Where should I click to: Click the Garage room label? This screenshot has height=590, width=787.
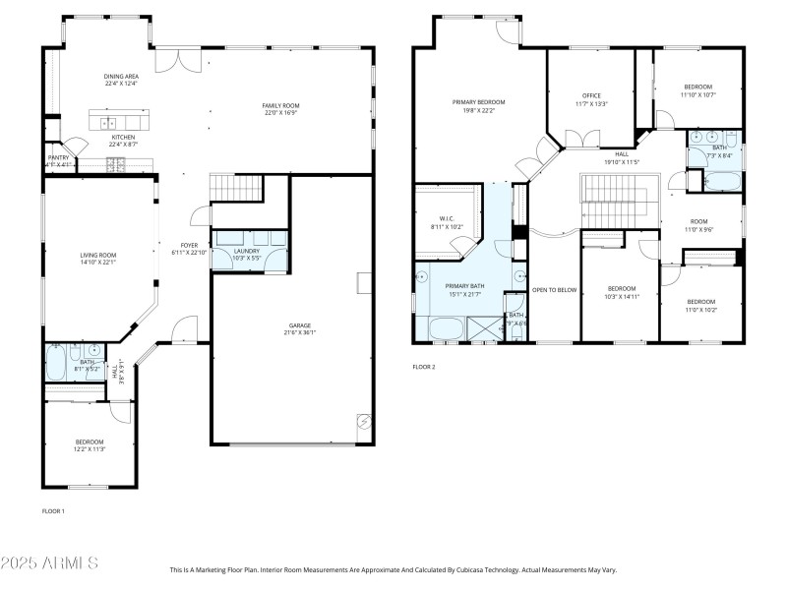tap(300, 324)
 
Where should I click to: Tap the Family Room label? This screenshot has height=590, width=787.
tap(280, 105)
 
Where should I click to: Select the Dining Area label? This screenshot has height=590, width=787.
tap(121, 76)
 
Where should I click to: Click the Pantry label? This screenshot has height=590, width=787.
tap(58, 156)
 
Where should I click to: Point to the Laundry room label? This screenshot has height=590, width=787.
tap(247, 251)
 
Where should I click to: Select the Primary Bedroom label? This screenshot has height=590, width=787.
tap(478, 102)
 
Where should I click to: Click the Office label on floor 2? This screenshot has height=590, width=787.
tap(591, 95)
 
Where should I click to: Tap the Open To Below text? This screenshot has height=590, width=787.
tap(553, 290)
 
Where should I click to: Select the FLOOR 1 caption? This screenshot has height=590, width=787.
tap(53, 511)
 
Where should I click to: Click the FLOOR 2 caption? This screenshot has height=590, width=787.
tap(423, 367)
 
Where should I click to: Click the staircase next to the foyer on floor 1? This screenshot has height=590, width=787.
tap(236, 187)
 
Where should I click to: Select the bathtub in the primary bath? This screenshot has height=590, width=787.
tap(448, 328)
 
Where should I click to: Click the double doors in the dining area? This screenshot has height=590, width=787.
tap(182, 59)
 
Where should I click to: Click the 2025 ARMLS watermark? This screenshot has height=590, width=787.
tap(49, 563)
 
